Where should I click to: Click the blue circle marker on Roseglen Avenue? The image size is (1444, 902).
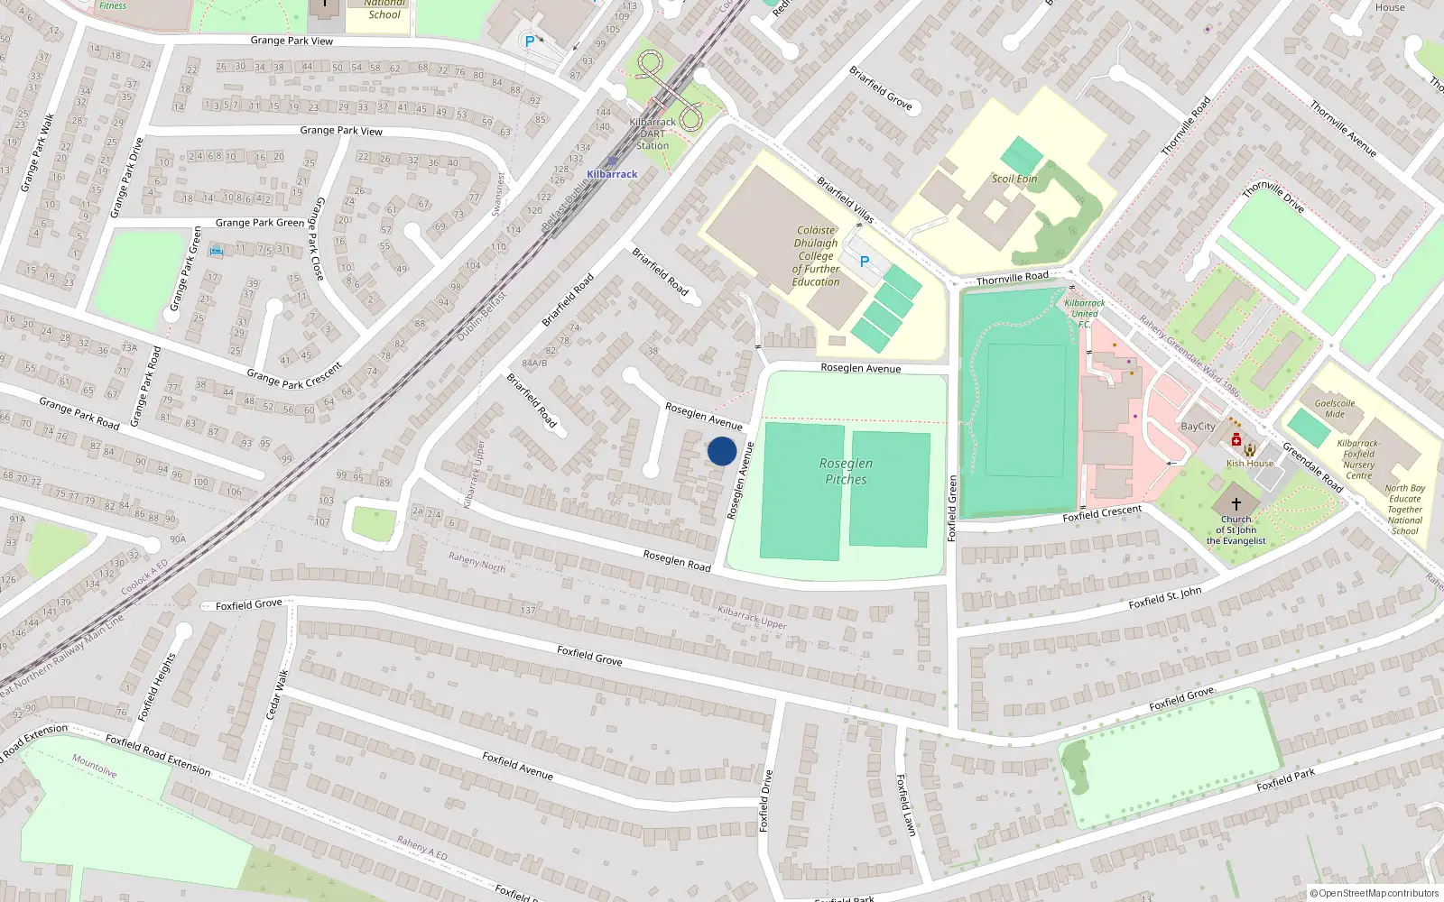click(x=722, y=451)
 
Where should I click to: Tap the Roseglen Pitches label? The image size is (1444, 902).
click(x=846, y=471)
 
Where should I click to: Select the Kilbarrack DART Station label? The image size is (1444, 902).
click(x=653, y=133)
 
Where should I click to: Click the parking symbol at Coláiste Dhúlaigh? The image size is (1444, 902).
click(x=864, y=262)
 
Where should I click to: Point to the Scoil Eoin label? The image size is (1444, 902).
click(x=1014, y=179)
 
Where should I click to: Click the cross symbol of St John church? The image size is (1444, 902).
click(x=1236, y=503)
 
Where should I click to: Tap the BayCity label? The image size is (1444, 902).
click(x=1198, y=427)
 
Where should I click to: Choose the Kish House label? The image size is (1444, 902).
click(x=1250, y=464)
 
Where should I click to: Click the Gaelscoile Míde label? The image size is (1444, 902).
click(x=1335, y=409)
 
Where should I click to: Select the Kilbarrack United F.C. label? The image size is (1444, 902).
click(x=1084, y=314)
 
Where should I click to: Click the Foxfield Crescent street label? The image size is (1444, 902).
click(x=1102, y=514)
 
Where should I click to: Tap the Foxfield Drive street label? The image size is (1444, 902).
click(x=766, y=800)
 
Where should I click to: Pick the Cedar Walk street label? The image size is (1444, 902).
click(x=278, y=695)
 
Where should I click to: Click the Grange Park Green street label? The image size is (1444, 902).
click(x=260, y=223)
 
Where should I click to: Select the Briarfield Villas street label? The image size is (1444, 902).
click(x=846, y=199)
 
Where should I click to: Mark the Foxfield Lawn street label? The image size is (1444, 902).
click(x=905, y=805)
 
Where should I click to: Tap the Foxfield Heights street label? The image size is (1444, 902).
click(x=156, y=687)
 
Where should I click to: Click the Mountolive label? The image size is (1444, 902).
click(x=95, y=766)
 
